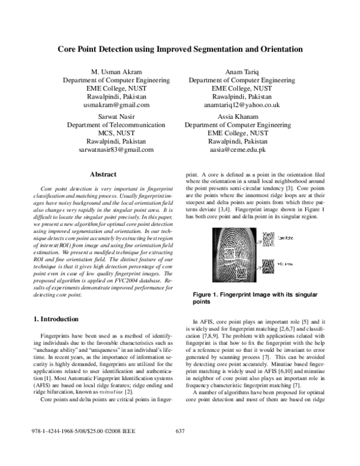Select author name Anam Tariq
point(242,71)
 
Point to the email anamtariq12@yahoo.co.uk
point(242,104)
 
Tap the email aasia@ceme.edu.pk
point(242,150)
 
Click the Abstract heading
point(102,175)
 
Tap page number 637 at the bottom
point(179,449)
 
